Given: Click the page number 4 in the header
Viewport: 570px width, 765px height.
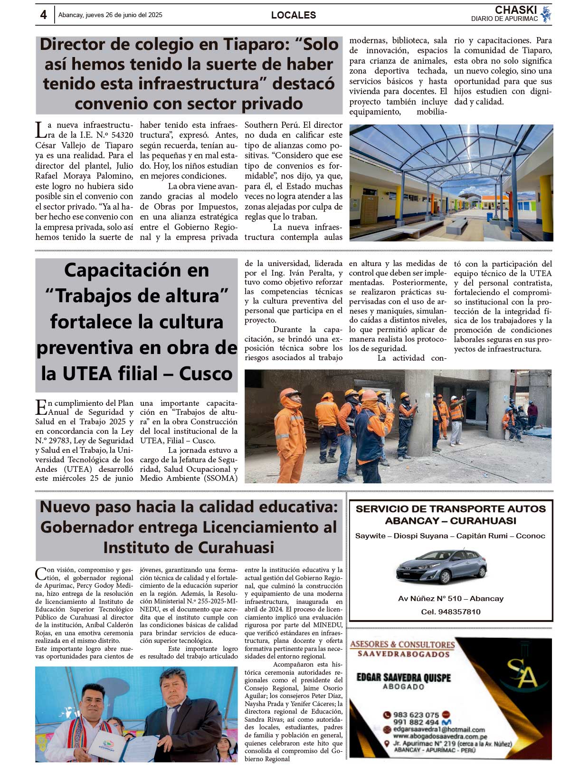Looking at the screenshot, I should (x=43, y=15).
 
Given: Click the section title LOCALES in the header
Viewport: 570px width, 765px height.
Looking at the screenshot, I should (x=293, y=15).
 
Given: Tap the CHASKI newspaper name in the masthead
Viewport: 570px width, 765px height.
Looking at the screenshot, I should (x=515, y=10).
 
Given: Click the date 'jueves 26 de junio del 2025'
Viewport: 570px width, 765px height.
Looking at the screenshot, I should (x=124, y=15).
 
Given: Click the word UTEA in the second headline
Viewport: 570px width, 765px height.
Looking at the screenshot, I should (x=87, y=373).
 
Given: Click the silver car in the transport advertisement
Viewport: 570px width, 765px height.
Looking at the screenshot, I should (x=441, y=566).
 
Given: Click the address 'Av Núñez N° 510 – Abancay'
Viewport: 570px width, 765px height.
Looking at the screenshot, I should (x=451, y=599).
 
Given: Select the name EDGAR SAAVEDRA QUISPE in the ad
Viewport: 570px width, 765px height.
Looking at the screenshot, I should (x=403, y=677).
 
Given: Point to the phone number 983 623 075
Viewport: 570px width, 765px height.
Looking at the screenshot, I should (x=416, y=715).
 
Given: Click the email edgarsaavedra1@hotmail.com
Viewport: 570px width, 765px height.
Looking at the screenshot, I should (x=439, y=729).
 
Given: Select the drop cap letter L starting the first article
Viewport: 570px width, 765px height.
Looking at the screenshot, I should (x=41, y=130).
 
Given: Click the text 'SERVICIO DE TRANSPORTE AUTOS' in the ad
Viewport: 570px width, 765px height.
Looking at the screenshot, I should (x=451, y=509).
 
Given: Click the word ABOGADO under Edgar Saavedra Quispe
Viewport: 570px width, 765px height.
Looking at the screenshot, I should (x=403, y=687).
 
